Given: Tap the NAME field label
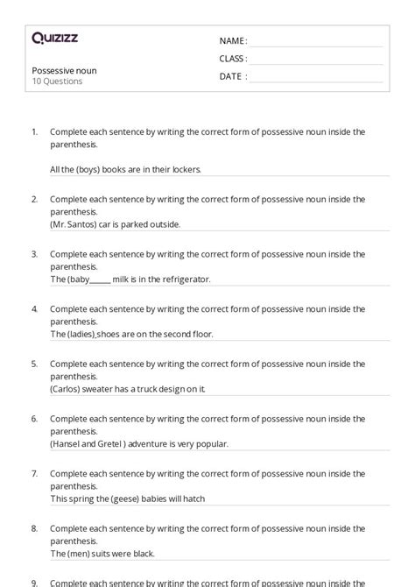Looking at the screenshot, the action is click(232, 40).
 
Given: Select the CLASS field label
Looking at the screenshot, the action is click(233, 59).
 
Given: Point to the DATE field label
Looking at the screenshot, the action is click(232, 76).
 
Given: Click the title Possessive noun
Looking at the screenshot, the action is click(64, 69).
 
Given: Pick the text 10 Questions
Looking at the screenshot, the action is click(57, 81).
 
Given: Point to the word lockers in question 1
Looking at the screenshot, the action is click(186, 169).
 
